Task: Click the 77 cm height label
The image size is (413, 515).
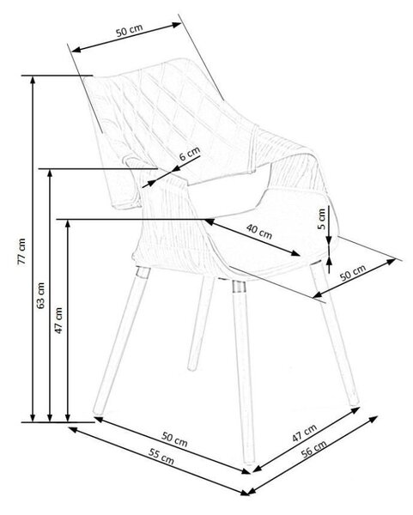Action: click(21, 251)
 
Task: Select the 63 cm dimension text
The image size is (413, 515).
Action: click(40, 295)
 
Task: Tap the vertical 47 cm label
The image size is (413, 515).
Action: click(58, 320)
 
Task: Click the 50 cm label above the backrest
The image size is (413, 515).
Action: click(129, 30)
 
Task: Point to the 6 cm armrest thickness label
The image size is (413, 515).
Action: click(190, 154)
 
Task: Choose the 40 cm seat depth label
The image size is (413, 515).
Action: click(259, 231)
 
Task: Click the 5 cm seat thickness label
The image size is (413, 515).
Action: click(322, 219)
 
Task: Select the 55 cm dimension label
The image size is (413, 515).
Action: click(161, 457)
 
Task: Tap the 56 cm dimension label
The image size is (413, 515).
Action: click(313, 449)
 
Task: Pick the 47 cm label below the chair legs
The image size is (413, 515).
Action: click(305, 433)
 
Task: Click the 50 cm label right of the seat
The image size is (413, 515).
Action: click(353, 273)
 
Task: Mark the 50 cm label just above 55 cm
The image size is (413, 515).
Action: click(174, 439)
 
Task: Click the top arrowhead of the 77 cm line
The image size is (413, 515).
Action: click(33, 80)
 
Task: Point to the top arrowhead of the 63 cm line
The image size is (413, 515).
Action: click(50, 173)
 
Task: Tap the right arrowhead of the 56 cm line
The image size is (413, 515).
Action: click(374, 419)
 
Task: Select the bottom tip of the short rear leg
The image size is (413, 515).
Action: click(191, 368)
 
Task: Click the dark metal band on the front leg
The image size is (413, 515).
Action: click(239, 287)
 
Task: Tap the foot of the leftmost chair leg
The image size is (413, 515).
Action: click(96, 410)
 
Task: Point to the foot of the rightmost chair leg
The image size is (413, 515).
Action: click(355, 402)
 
